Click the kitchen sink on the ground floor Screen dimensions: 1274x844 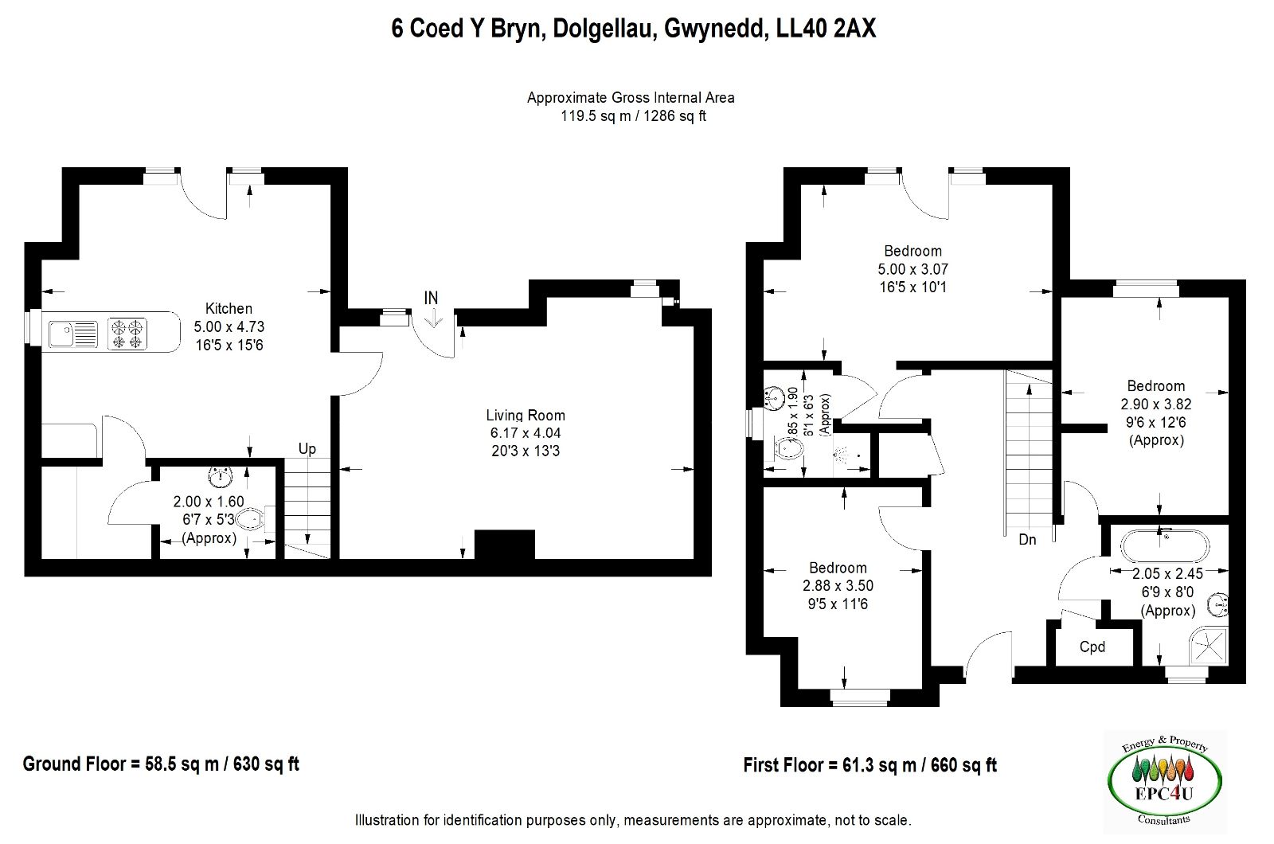coord(73,334)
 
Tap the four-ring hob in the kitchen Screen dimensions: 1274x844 coord(127,334)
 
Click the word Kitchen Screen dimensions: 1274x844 coord(229,309)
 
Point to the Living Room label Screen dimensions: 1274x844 coord(526,415)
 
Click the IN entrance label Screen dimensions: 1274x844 coord(431,298)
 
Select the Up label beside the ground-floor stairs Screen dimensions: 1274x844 coord(307,449)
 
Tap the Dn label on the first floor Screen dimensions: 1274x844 coord(1027,539)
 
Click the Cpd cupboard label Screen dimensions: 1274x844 coord(1092,647)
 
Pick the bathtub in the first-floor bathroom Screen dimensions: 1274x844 coord(1165,546)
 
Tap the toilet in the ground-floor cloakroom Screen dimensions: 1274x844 coord(254,518)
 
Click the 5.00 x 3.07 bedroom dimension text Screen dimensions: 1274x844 coord(913,269)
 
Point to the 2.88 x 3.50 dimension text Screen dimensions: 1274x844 coord(838,586)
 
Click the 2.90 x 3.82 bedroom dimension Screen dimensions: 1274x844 coord(1155,404)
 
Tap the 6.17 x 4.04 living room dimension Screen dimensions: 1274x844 coord(526,433)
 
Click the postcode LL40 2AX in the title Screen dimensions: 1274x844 coord(826,29)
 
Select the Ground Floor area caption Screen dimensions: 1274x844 coord(161,764)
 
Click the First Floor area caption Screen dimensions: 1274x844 coord(870,765)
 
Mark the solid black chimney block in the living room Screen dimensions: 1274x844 coord(505,545)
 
